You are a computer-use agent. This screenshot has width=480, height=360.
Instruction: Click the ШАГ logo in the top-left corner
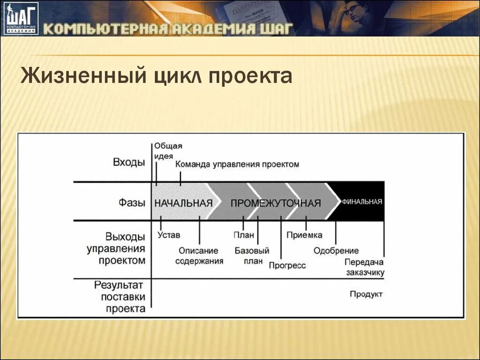[21, 19]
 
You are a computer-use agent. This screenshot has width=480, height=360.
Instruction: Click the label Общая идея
[168, 151]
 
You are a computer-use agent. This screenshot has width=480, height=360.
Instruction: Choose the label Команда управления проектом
[237, 165]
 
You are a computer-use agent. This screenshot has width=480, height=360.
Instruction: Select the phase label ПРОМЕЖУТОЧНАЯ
[276, 203]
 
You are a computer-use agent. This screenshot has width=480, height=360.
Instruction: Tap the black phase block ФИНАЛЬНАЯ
[362, 202]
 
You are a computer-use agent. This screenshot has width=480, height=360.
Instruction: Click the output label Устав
[169, 235]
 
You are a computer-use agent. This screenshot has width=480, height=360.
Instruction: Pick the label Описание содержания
[199, 256]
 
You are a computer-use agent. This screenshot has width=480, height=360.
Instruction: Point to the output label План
[243, 235]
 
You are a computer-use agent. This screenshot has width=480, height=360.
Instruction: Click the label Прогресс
[287, 265]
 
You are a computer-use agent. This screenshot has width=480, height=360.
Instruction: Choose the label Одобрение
[336, 251]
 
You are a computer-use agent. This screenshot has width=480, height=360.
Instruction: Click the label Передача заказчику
[365, 267]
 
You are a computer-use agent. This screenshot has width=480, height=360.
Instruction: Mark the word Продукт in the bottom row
[366, 294]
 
